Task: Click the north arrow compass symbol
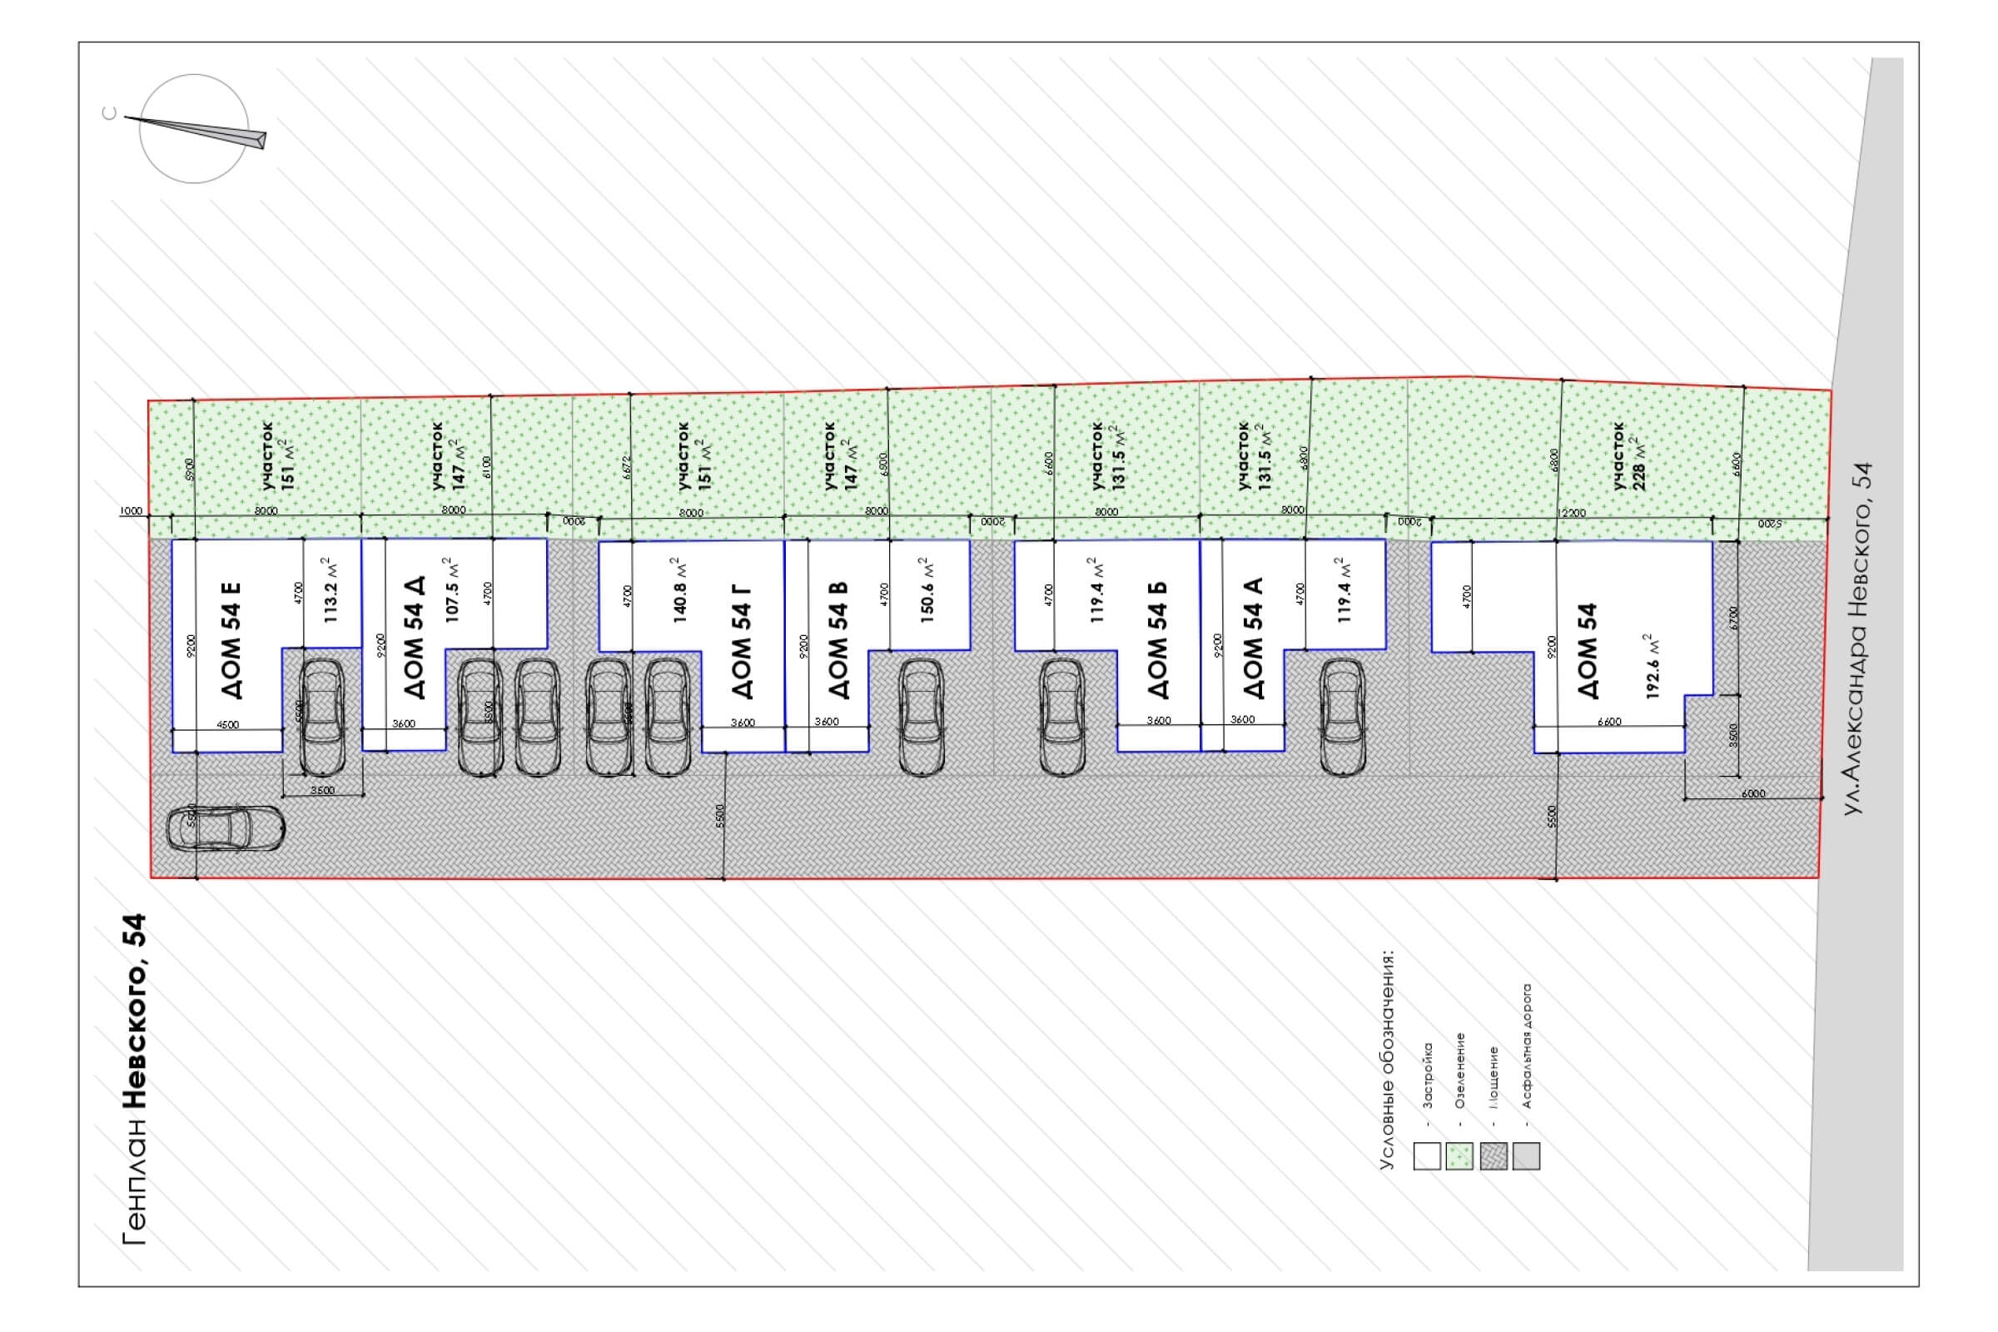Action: pyautogui.click(x=194, y=129)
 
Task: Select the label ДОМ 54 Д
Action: pyautogui.click(x=414, y=637)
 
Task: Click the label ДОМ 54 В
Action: pyautogui.click(x=837, y=639)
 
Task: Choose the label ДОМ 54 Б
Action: pyautogui.click(x=1156, y=639)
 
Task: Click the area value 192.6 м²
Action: pyautogui.click(x=1653, y=667)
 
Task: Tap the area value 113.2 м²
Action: pyautogui.click(x=331, y=590)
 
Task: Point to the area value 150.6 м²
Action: pyautogui.click(x=927, y=590)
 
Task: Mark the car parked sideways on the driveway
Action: pyautogui.click(x=226, y=828)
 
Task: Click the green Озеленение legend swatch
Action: pyautogui.click(x=1459, y=1156)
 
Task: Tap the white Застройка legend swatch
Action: pyautogui.click(x=1427, y=1156)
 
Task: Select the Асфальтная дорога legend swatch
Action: pyautogui.click(x=1526, y=1156)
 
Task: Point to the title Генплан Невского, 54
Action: pyautogui.click(x=135, y=1079)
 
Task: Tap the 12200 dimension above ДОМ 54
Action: pyautogui.click(x=1573, y=512)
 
